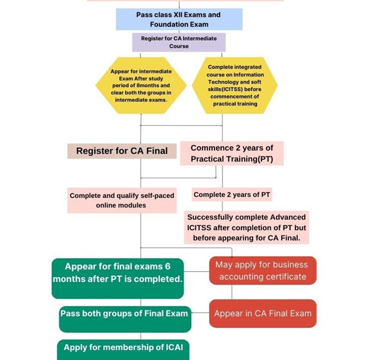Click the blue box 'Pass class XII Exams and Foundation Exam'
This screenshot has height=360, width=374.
[179, 19]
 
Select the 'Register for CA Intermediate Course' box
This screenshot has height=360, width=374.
[179, 42]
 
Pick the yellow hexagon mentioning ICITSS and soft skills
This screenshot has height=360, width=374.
[234, 85]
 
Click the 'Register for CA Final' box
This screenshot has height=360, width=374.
[122, 151]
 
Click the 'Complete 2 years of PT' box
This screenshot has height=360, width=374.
[231, 195]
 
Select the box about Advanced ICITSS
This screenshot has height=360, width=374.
[246, 227]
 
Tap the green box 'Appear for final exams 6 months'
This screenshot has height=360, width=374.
[117, 278]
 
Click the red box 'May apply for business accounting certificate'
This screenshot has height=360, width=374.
[263, 271]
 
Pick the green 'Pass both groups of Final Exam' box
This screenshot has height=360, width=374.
[124, 319]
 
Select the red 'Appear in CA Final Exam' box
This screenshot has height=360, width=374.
[263, 313]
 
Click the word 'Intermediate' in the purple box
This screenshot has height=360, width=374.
[195, 38]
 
